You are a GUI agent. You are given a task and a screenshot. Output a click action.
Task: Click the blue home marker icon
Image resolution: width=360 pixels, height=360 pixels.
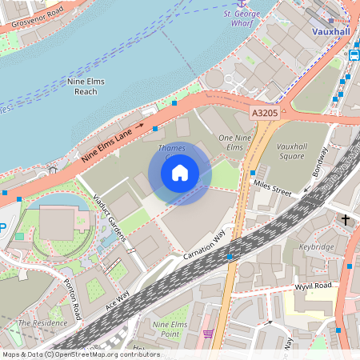pyautogui.click(x=180, y=172)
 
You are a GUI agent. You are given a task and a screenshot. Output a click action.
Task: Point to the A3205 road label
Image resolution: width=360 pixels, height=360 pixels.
pyautogui.click(x=265, y=115)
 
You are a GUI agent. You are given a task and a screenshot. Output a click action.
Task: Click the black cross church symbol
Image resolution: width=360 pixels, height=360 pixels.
pyautogui.click(x=346, y=218)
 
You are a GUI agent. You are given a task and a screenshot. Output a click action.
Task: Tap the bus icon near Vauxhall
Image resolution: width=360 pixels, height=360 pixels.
pyautogui.click(x=354, y=55)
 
